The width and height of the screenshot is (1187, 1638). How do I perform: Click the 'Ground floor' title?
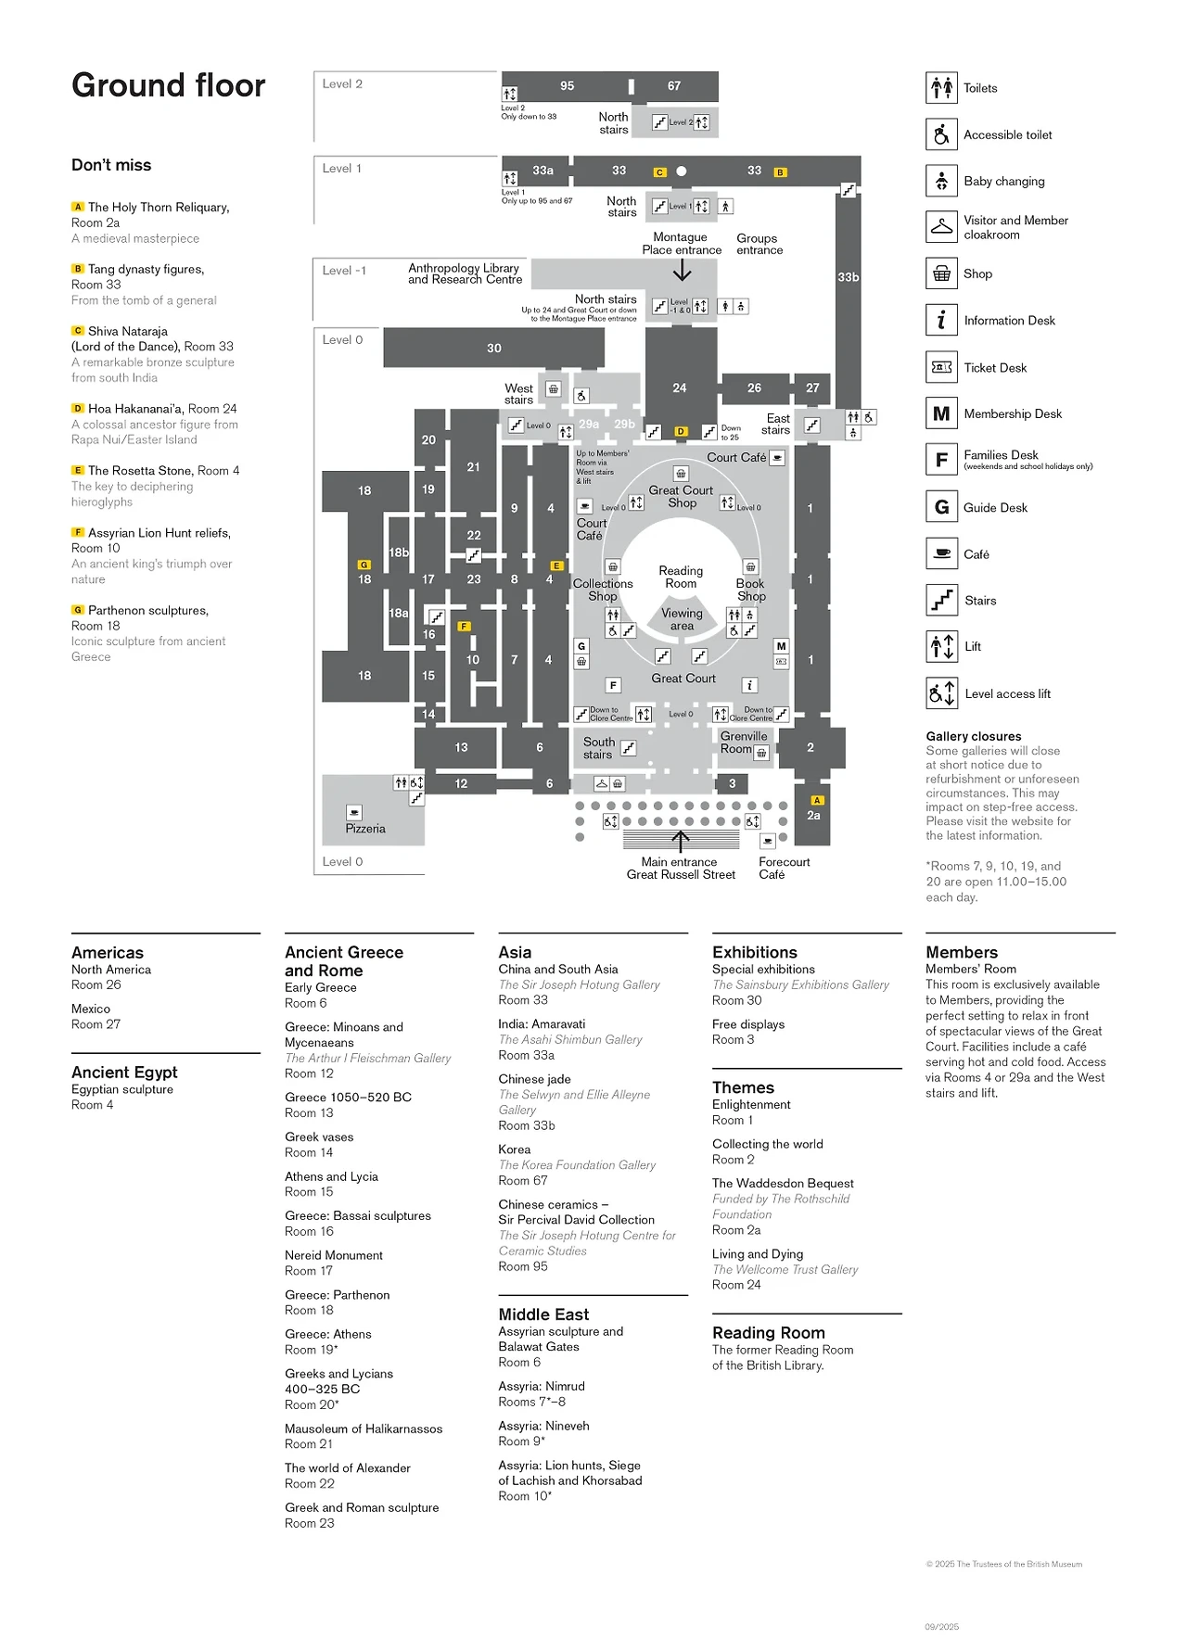(x=168, y=85)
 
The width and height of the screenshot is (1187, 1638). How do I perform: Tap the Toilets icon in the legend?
(x=941, y=88)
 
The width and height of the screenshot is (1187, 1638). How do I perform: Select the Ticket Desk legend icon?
(x=941, y=367)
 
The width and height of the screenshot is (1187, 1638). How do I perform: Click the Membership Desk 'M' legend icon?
(x=941, y=413)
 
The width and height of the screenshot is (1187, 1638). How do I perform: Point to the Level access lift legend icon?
(x=941, y=693)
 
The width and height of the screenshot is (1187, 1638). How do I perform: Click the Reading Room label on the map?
(x=681, y=577)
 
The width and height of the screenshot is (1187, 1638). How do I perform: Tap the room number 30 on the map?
(x=494, y=349)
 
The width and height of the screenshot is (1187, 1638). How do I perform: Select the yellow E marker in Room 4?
(x=556, y=565)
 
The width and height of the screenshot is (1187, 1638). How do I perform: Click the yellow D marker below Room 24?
(x=681, y=431)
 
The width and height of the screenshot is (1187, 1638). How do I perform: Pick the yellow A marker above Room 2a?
(x=817, y=800)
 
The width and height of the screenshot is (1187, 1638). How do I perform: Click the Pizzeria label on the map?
(x=365, y=829)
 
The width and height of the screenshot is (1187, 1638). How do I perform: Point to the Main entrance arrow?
(x=681, y=841)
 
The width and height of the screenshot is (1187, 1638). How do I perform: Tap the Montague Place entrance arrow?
(x=683, y=270)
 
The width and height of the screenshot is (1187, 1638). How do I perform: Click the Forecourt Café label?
(x=784, y=868)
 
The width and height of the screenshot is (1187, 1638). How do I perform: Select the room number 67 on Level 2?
(x=674, y=85)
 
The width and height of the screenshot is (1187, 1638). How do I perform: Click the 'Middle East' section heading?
(x=543, y=1314)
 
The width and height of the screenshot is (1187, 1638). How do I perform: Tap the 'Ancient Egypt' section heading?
(x=124, y=1073)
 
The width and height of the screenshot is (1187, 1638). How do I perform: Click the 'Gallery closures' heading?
(x=974, y=736)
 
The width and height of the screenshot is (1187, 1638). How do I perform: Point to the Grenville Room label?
(x=744, y=742)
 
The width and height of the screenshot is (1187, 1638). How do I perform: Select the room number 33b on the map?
(x=848, y=277)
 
